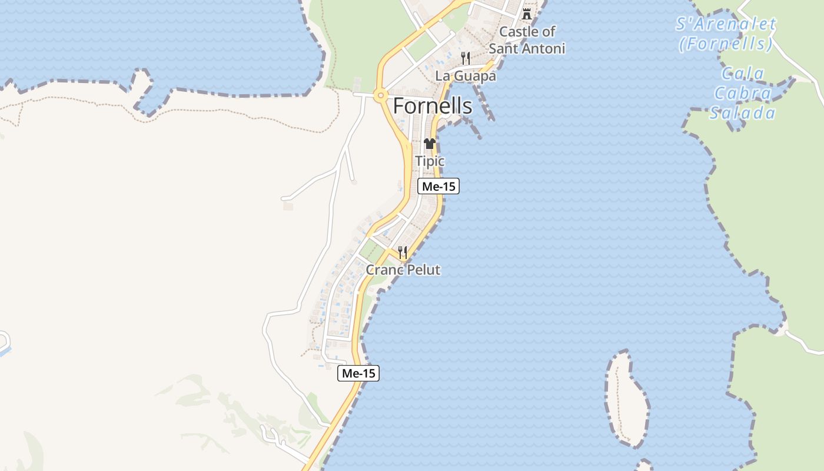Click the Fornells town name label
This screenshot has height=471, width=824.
(x=432, y=106)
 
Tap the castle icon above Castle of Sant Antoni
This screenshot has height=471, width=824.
(x=527, y=14)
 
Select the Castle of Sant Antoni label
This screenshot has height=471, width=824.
(x=527, y=40)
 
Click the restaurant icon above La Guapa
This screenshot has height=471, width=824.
(x=466, y=58)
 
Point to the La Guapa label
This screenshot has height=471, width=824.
(x=466, y=76)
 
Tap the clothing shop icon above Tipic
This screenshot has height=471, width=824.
(x=430, y=144)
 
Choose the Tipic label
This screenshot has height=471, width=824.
(x=430, y=161)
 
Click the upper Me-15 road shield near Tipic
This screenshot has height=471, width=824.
(x=438, y=187)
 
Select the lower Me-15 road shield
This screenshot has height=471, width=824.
(x=358, y=373)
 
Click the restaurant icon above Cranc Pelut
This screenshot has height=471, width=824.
(x=403, y=253)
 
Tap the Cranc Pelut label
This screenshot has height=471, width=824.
(x=403, y=270)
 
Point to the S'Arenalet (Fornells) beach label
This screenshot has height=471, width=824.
(x=726, y=34)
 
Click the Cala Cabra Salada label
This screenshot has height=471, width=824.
(x=742, y=93)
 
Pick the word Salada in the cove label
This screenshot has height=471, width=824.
(x=742, y=112)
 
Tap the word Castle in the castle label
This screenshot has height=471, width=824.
(x=518, y=31)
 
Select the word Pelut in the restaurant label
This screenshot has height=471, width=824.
(x=422, y=270)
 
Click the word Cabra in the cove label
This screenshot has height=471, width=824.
(x=742, y=93)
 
